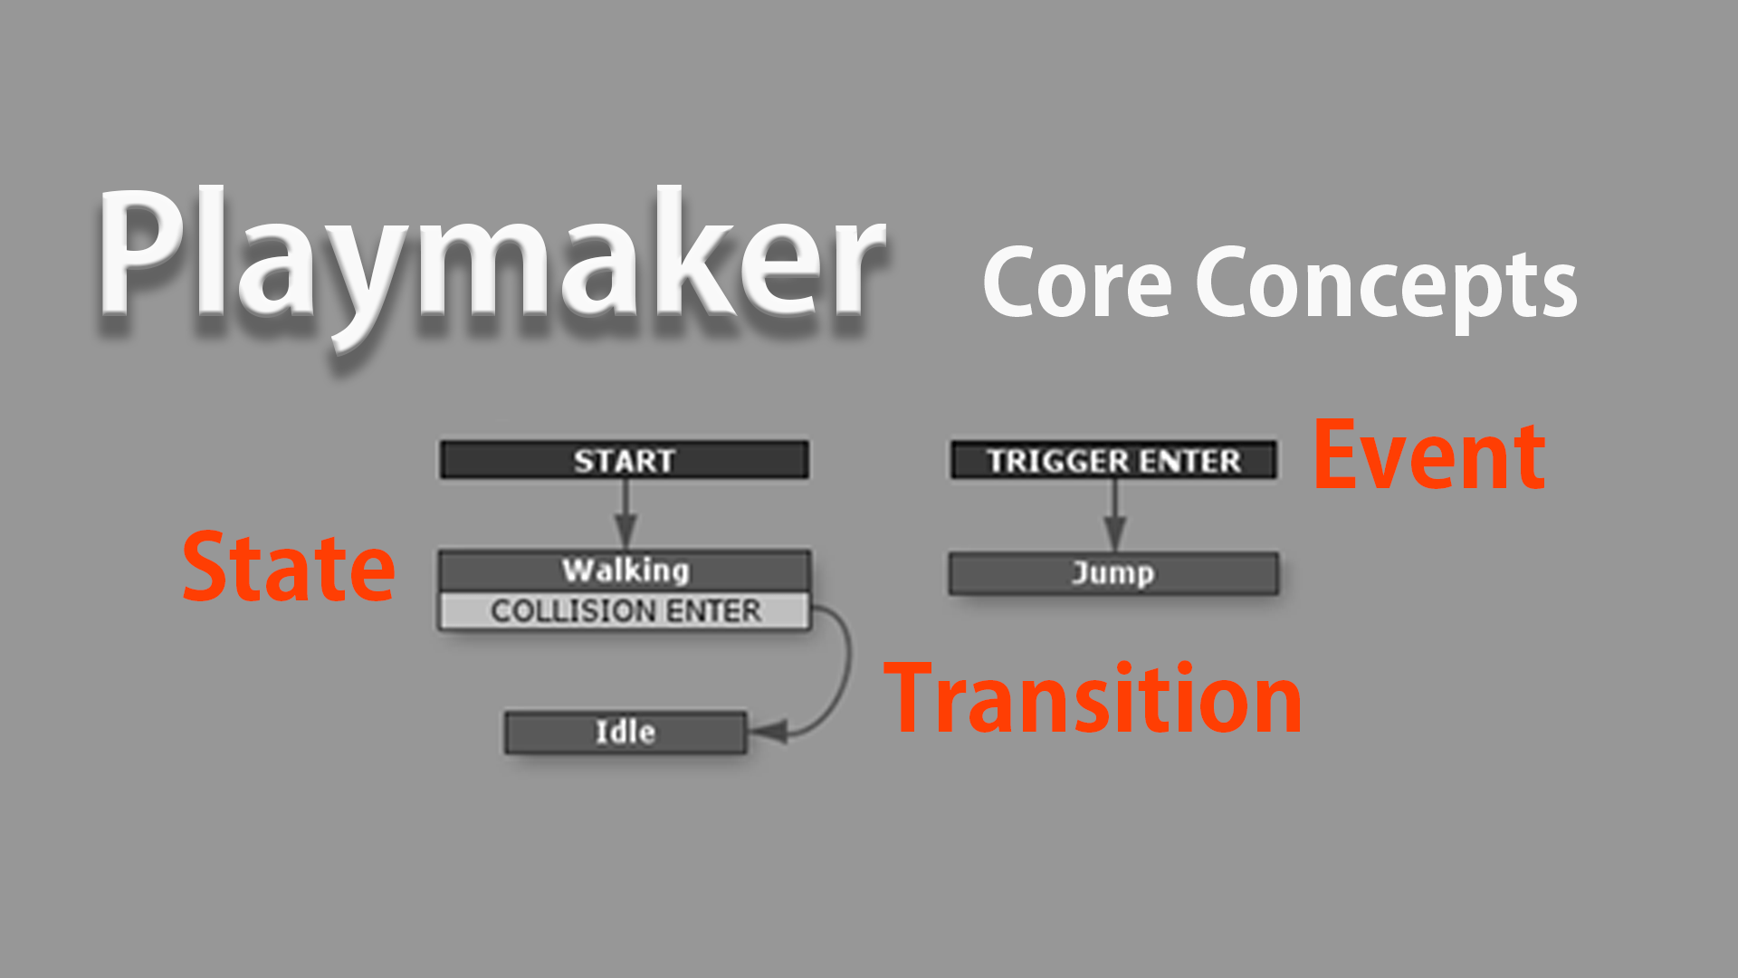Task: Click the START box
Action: point(625,461)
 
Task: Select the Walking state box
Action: point(625,570)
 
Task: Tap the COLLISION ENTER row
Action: point(625,611)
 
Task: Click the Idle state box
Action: point(625,733)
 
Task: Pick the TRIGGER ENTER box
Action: point(1113,461)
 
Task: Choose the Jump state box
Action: point(1113,573)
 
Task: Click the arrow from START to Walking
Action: point(625,512)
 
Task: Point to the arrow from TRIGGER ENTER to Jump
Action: point(1115,513)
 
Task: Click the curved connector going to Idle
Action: point(846,670)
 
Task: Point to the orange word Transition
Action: point(1092,699)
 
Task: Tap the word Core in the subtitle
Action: point(1077,283)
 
